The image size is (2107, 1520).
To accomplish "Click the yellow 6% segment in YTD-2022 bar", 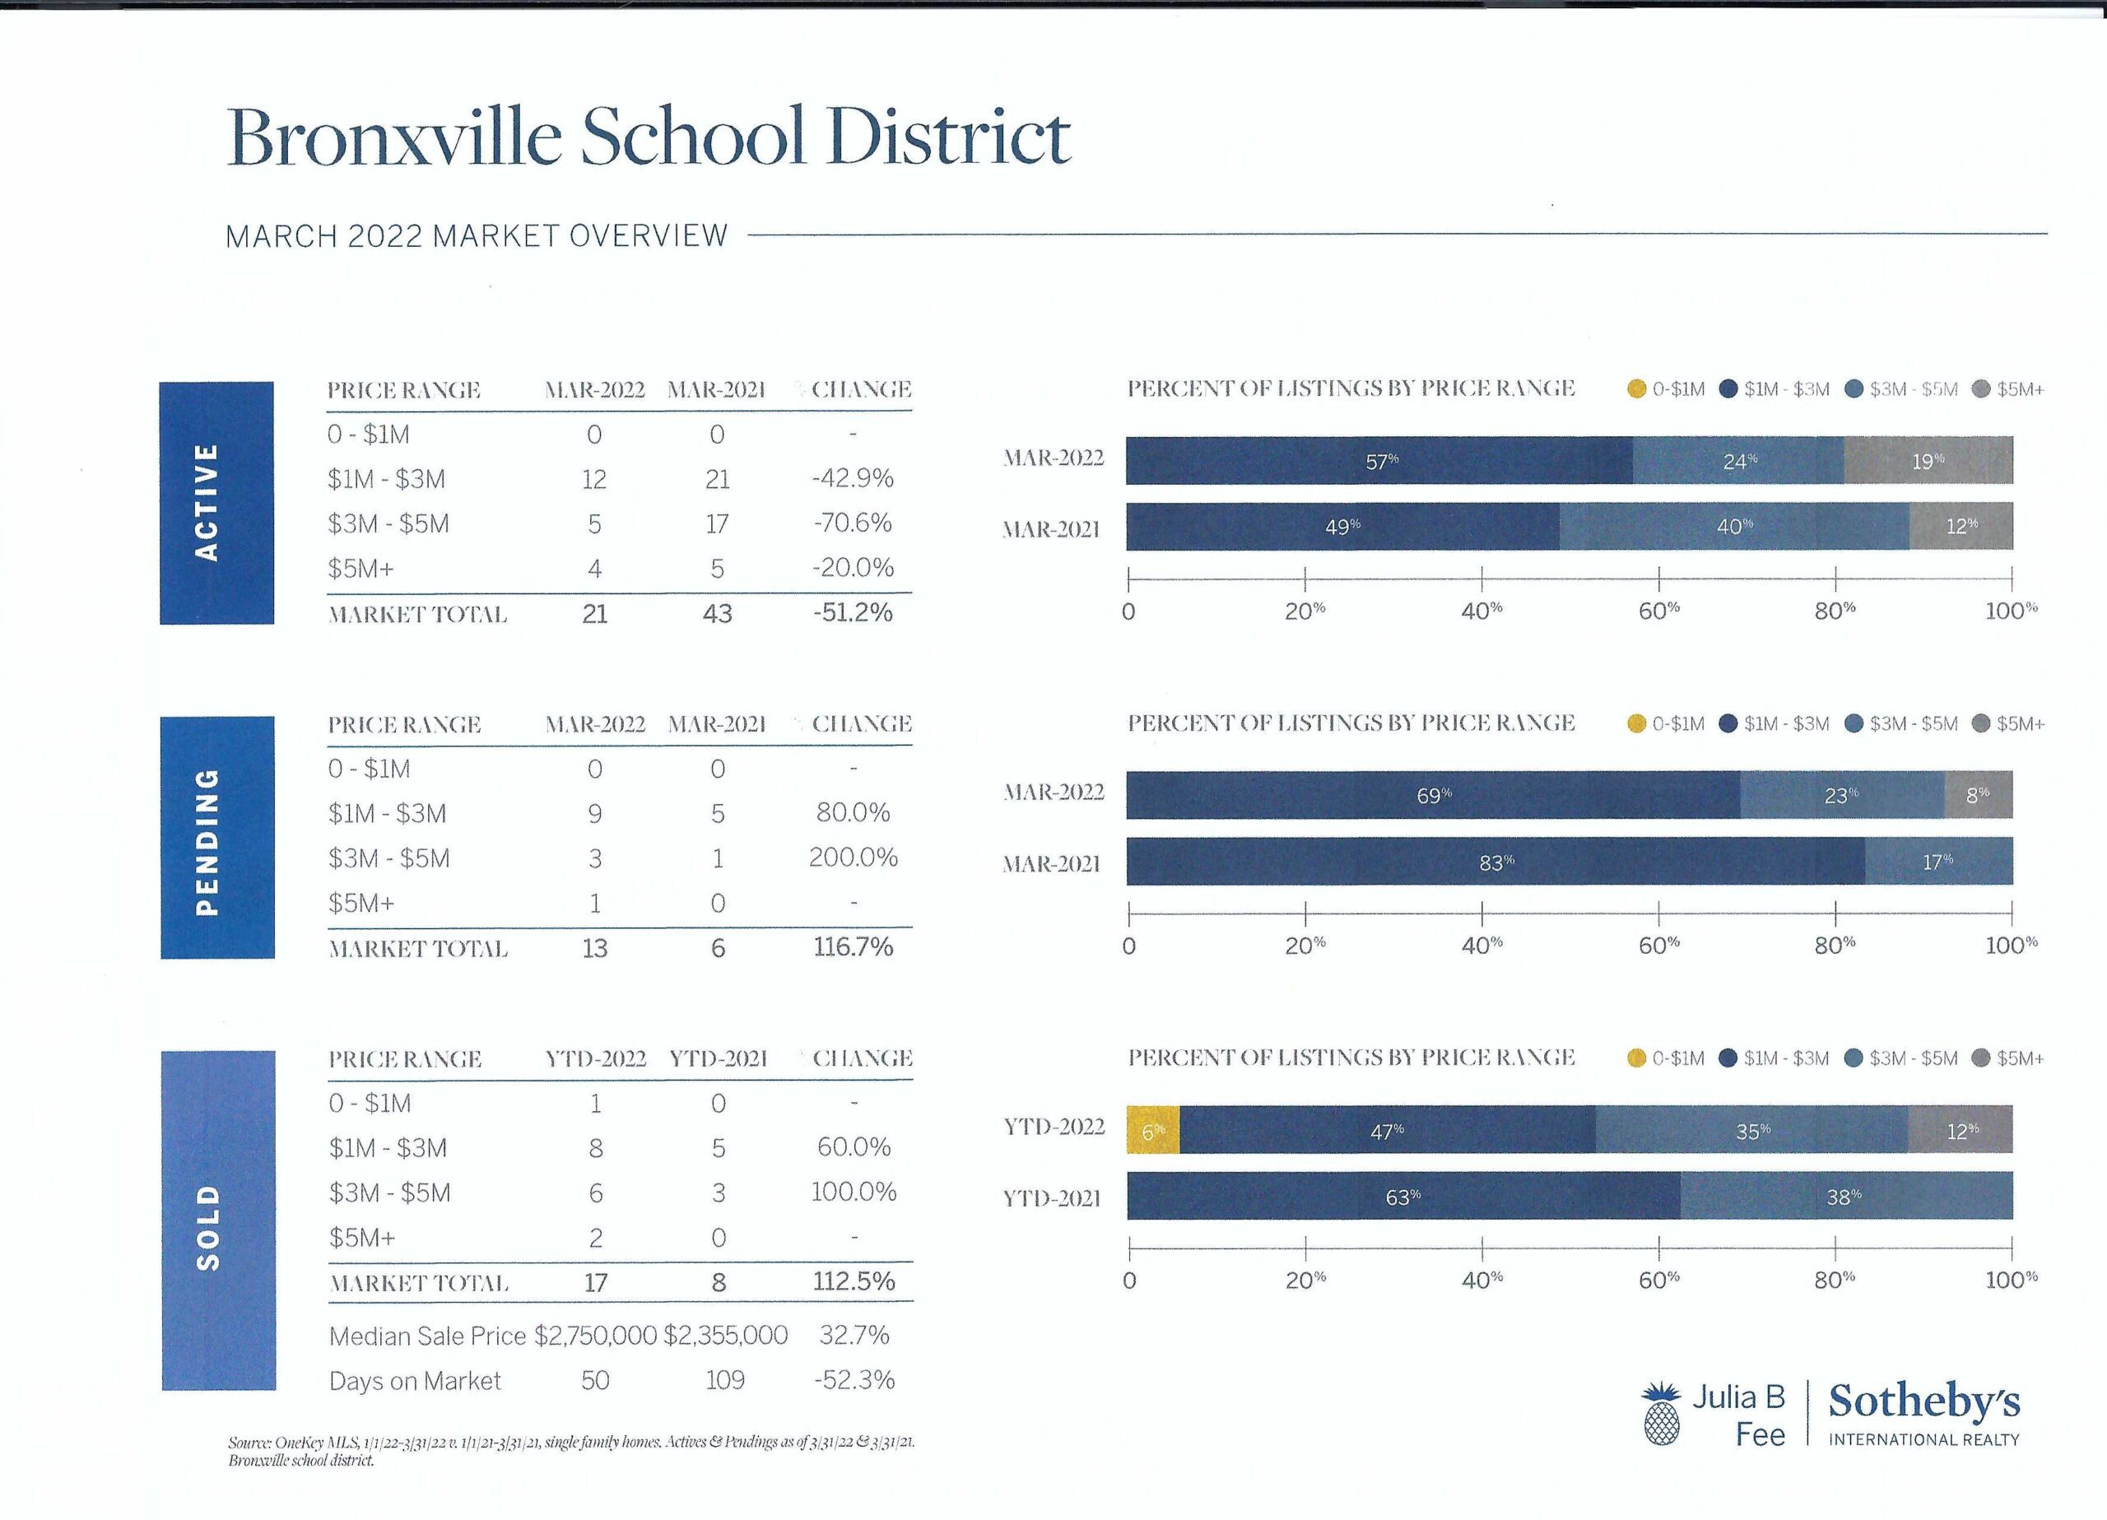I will tap(1152, 1130).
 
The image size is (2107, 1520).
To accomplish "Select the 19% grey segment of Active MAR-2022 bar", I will tap(1928, 461).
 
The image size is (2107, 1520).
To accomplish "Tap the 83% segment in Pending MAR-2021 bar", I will tap(1495, 862).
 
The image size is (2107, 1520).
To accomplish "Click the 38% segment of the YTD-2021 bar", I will tap(1845, 1197).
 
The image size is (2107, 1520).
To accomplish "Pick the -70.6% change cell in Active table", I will tap(852, 523).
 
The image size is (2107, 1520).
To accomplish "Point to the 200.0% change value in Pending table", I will tap(853, 858).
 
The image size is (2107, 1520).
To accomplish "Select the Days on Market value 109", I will tap(724, 1381).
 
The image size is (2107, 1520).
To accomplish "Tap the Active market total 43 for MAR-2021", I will tap(717, 613).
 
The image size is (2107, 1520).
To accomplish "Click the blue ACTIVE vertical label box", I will tap(216, 503).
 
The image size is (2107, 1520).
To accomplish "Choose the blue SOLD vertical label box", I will tap(218, 1220).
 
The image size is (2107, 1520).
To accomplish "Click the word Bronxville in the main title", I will tap(394, 137).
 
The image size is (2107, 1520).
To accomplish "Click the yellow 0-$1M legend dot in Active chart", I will tap(1637, 389).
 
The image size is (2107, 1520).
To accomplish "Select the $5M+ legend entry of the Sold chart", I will tap(2008, 1058).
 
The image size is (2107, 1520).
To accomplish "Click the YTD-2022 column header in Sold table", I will tap(596, 1059).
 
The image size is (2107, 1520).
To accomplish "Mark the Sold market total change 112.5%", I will tap(853, 1282).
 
